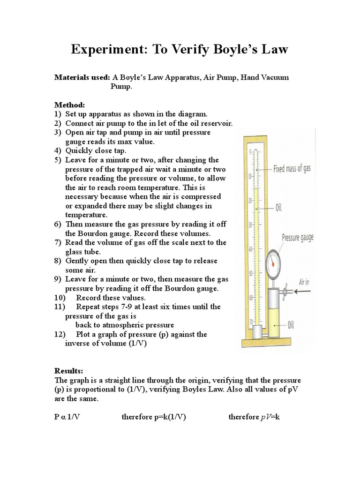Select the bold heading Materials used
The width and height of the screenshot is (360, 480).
pyautogui.click(x=82, y=77)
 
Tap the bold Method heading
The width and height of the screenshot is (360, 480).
pyautogui.click(x=68, y=105)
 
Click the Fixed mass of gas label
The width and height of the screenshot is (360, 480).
pyautogui.click(x=292, y=168)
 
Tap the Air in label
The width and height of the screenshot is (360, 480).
pyautogui.click(x=305, y=283)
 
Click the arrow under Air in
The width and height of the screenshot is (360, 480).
pyautogui.click(x=305, y=291)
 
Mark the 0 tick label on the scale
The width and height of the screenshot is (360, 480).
pyautogui.click(x=250, y=152)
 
